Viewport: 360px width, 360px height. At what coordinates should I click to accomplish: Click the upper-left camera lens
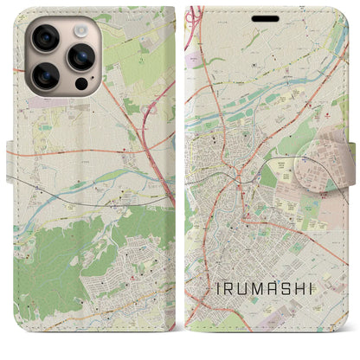[x=43, y=37]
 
